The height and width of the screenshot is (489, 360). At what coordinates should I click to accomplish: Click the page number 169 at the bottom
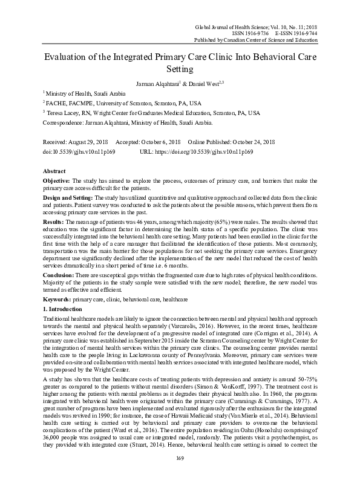(179, 476)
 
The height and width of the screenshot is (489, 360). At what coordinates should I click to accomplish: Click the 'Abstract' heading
(55, 171)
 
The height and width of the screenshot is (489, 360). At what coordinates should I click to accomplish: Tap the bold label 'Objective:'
(57, 182)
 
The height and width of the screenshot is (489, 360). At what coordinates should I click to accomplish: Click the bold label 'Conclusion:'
(60, 275)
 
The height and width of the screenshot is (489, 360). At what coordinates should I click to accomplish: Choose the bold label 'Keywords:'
(58, 299)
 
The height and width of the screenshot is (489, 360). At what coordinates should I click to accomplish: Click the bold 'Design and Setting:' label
(68, 199)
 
